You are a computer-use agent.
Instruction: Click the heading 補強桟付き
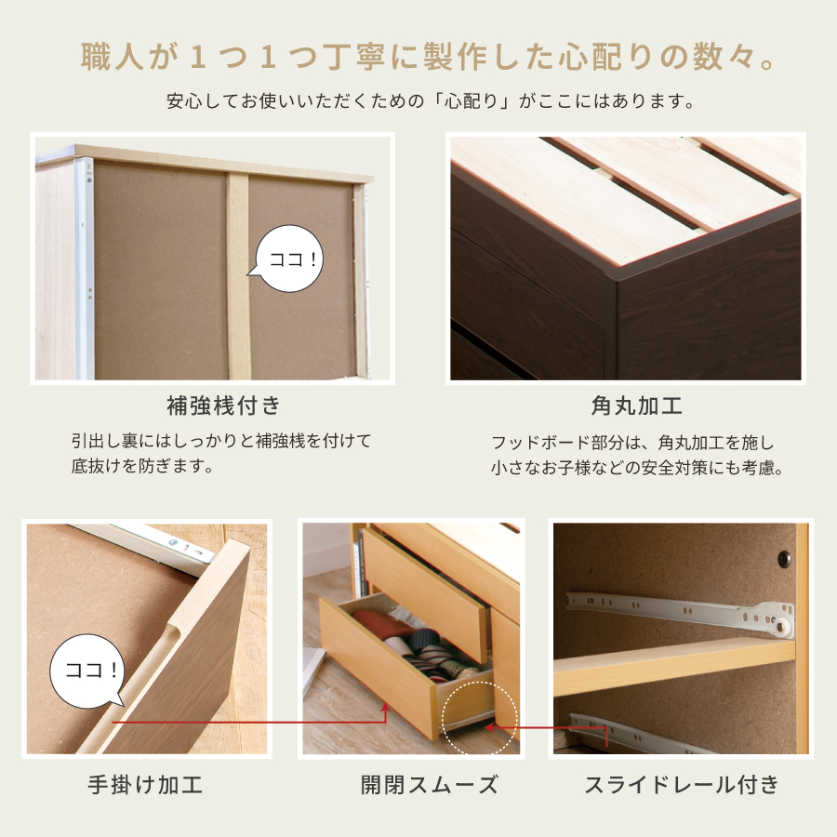click(x=222, y=405)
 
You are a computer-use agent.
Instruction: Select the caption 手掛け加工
click(x=144, y=784)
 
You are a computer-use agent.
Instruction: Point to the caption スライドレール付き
click(x=681, y=784)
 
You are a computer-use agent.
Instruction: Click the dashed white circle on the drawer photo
click(x=482, y=717)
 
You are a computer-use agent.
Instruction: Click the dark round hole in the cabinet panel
click(x=784, y=560)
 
